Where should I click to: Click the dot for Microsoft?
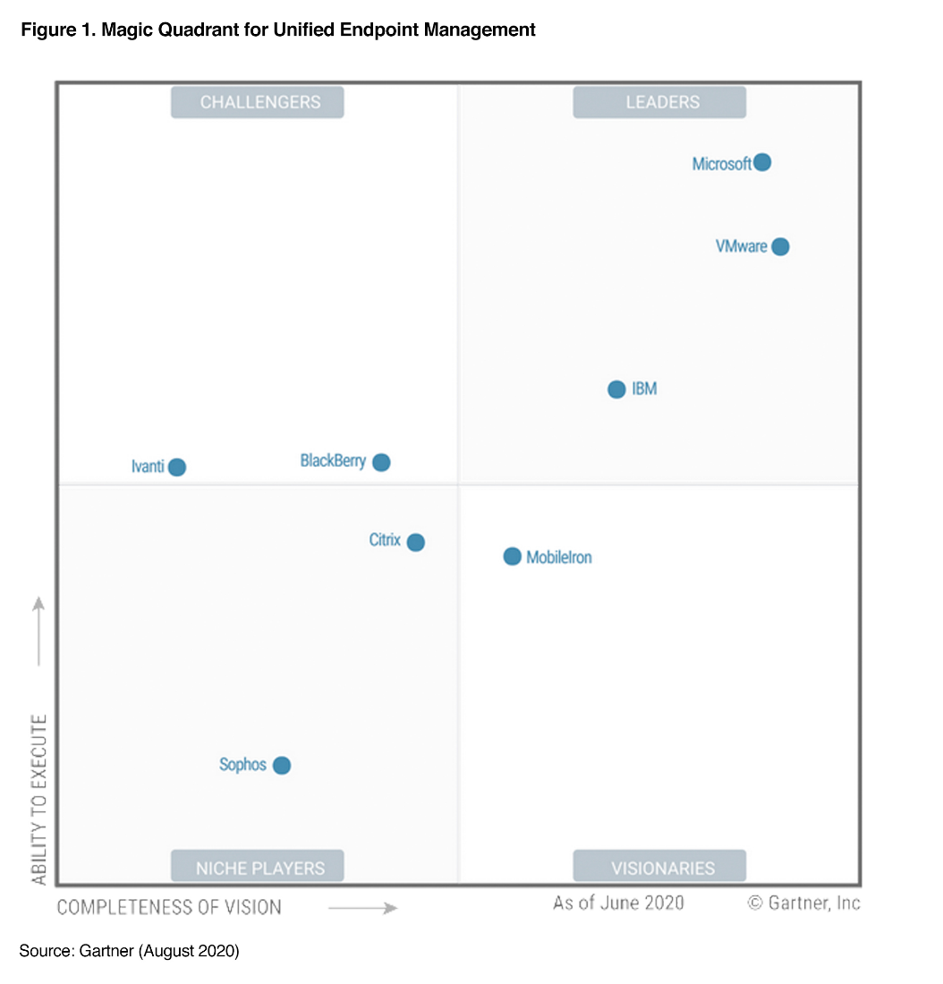point(761,162)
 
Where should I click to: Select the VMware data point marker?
point(780,246)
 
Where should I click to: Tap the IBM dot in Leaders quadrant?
point(616,389)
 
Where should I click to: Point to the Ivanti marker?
point(177,467)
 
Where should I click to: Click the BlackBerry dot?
point(381,462)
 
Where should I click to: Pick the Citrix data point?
point(415,542)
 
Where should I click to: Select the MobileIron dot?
point(512,556)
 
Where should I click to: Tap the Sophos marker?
point(282,765)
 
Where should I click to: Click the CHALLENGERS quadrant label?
point(258,102)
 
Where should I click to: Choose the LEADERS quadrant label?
point(659,102)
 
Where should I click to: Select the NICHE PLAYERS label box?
point(258,867)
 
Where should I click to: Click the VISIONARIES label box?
point(659,867)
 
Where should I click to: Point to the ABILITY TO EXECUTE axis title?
point(39,799)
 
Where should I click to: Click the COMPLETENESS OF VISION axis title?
point(169,907)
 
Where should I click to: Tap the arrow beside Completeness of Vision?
point(362,908)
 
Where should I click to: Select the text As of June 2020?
point(618,903)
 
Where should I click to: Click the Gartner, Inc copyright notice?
point(803,903)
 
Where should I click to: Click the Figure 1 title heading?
point(278,30)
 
